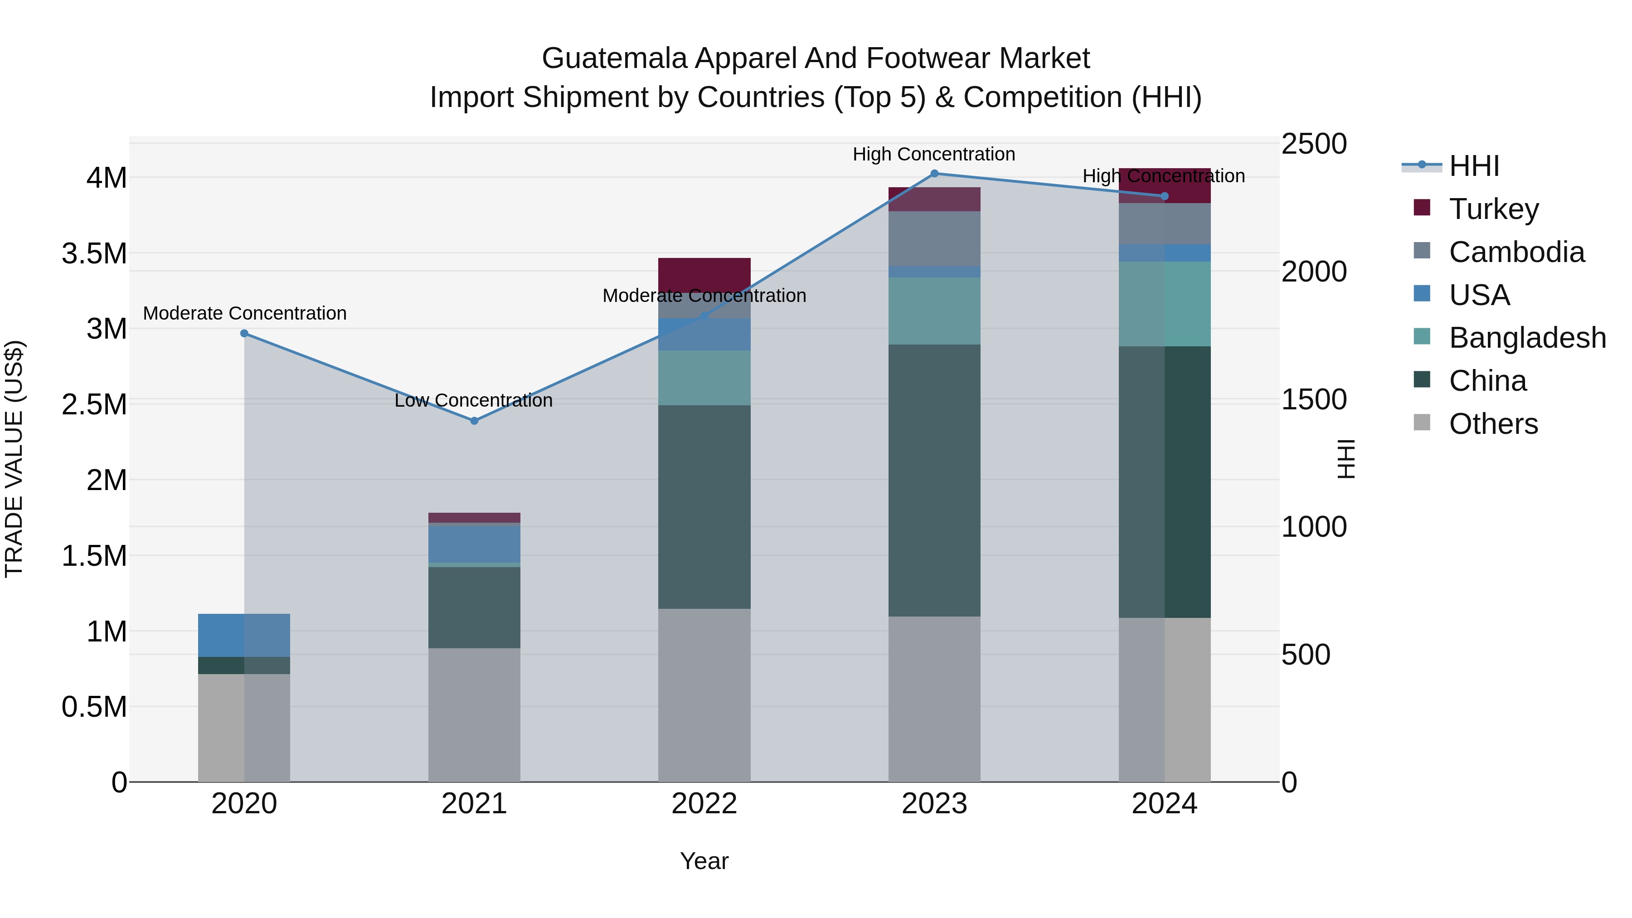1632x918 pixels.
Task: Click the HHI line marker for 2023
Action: [934, 174]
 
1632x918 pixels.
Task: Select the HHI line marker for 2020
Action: [244, 333]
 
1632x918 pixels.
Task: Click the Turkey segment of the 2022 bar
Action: [704, 274]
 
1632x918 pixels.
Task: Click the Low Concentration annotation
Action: [473, 400]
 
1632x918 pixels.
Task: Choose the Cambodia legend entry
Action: [1515, 252]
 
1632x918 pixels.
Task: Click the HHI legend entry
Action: [1474, 166]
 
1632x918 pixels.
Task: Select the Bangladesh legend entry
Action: [1527, 338]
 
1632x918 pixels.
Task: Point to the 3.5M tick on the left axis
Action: [94, 253]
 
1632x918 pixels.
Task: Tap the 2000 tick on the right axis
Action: [1313, 272]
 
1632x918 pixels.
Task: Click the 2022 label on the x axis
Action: [704, 804]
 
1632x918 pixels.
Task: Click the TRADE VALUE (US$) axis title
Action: [14, 459]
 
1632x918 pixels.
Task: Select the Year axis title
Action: [704, 861]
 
